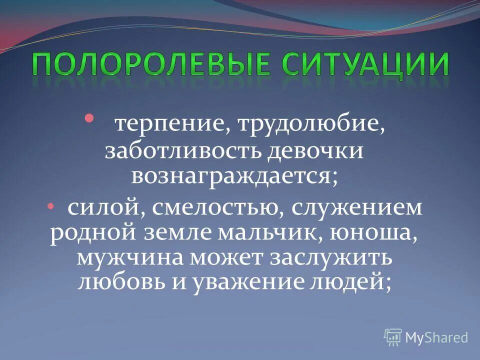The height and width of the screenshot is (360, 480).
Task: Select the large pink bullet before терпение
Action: click(89, 118)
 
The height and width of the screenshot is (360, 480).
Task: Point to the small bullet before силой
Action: click(56, 206)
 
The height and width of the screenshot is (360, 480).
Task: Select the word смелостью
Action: click(212, 208)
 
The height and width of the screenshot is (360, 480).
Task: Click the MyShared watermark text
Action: click(437, 337)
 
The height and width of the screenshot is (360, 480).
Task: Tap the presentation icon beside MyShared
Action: click(393, 337)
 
